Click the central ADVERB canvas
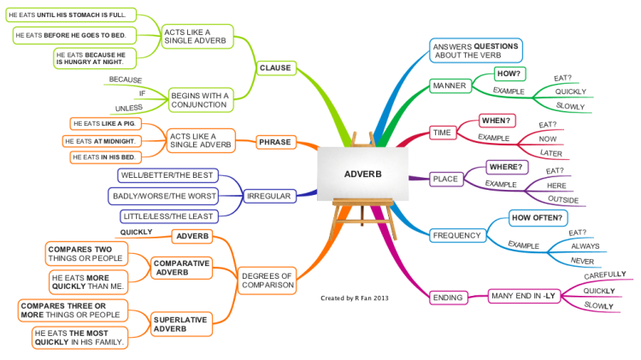pos(363,174)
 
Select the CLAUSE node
pos(275,68)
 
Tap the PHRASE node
pos(275,142)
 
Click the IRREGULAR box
pos(268,196)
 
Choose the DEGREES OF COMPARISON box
pos(267,280)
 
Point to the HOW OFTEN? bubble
pos(538,218)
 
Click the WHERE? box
pos(507,166)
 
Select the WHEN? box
pos(497,120)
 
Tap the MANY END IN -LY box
pos(523,296)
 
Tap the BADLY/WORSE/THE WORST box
pos(164,196)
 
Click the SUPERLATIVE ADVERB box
pos(183,324)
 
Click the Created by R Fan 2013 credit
pos(355,298)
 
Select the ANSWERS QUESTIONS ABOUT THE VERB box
pos(475,50)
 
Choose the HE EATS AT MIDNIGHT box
pos(102,141)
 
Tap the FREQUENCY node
pos(456,235)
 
